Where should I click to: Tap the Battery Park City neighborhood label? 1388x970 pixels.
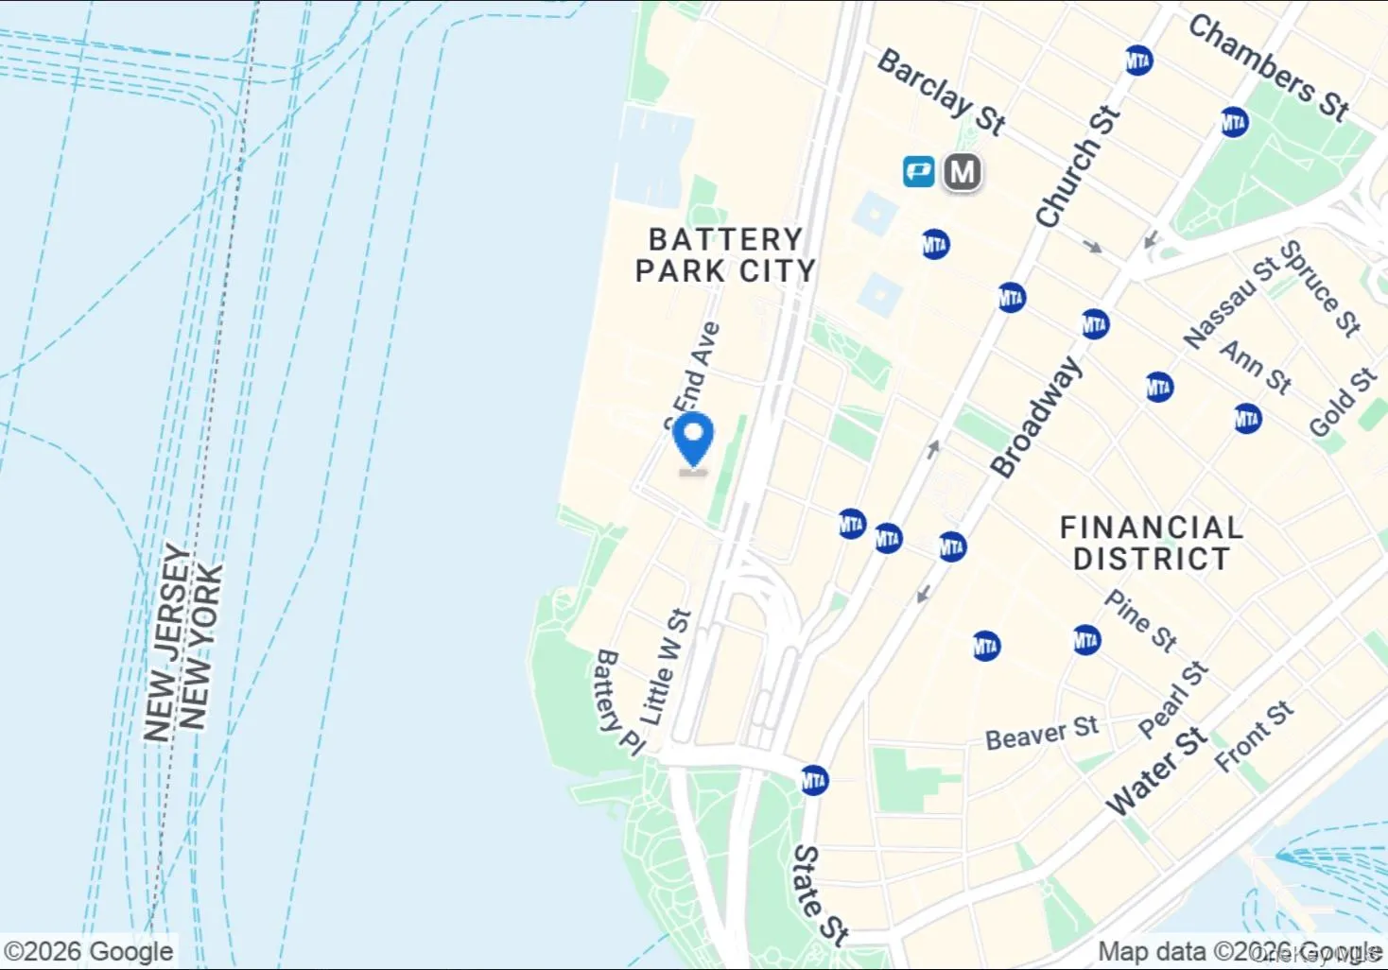[x=724, y=255]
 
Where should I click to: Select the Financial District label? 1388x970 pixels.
[x=1151, y=543]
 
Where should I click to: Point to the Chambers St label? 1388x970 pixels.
[x=1268, y=67]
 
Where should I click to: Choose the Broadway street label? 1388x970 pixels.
[x=1035, y=416]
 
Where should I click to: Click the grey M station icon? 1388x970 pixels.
[x=962, y=172]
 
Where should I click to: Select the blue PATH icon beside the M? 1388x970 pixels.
[x=918, y=172]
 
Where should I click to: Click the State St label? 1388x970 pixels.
[x=820, y=894]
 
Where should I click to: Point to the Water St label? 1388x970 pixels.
[x=1156, y=771]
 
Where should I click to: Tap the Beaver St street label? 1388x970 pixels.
[x=1041, y=733]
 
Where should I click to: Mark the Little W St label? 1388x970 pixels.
[x=667, y=667]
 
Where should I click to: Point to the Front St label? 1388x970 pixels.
[x=1254, y=736]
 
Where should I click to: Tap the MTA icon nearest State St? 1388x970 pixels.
[x=813, y=781]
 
